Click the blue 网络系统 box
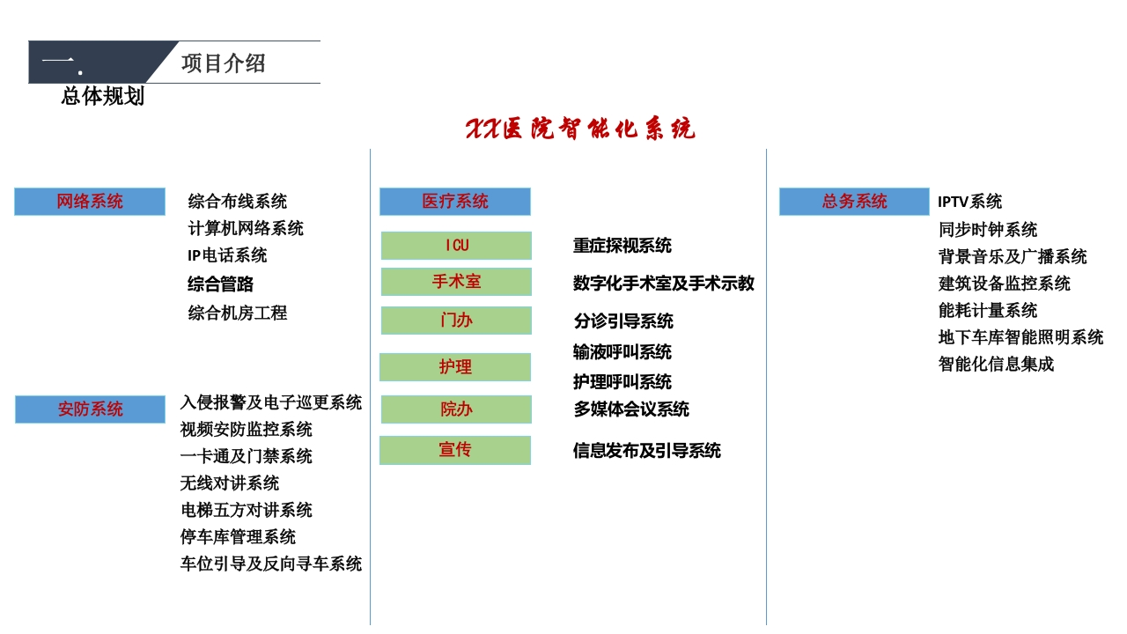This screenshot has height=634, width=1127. pyautogui.click(x=90, y=202)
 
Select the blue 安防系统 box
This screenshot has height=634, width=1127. pyautogui.click(x=90, y=409)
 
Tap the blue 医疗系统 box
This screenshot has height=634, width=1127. pyautogui.click(x=455, y=202)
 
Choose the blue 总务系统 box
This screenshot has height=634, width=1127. pyautogui.click(x=854, y=202)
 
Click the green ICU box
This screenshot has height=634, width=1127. pyautogui.click(x=456, y=246)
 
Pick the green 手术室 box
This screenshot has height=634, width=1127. pyautogui.click(x=456, y=281)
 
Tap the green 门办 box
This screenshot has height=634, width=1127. pyautogui.click(x=456, y=320)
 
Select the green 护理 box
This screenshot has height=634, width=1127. pyautogui.click(x=455, y=367)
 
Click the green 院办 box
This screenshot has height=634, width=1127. pyautogui.click(x=456, y=409)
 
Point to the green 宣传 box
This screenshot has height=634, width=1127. pyautogui.click(x=455, y=450)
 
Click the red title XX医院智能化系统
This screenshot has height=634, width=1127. pyautogui.click(x=580, y=129)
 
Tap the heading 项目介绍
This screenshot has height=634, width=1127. pyautogui.click(x=223, y=63)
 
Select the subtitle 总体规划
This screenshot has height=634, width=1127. pyautogui.click(x=103, y=96)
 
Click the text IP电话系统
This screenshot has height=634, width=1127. pyautogui.click(x=227, y=255)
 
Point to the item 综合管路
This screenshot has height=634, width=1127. pyautogui.click(x=220, y=284)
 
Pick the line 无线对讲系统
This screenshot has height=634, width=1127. pyautogui.click(x=230, y=483)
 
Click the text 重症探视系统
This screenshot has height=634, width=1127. pyautogui.click(x=622, y=246)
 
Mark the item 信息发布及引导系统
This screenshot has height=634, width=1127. pyautogui.click(x=647, y=450)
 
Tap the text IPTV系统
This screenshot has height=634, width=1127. pyautogui.click(x=969, y=202)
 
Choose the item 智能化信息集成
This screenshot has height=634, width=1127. pyautogui.click(x=996, y=364)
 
